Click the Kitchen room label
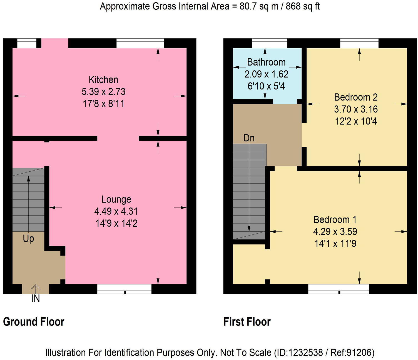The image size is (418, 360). click(103, 80)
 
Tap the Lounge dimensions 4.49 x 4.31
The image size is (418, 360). click(116, 211)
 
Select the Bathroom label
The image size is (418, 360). click(266, 62)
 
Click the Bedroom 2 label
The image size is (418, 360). click(356, 97)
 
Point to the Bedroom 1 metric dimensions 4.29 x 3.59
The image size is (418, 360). click(335, 232)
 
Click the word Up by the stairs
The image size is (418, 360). click(28, 239)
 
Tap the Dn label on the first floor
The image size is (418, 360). click(249, 138)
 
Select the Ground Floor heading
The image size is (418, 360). click(34, 322)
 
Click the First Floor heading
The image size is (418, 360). click(247, 322)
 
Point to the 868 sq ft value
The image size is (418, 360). click(303, 6)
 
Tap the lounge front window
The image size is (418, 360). click(124, 289)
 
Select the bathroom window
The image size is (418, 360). click(270, 43)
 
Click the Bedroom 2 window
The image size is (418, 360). click(359, 43)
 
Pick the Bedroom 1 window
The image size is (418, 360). click(339, 289)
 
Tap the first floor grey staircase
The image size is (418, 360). click(249, 192)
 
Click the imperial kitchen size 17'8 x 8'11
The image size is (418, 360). click(103, 104)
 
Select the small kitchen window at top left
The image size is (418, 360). click(27, 43)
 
